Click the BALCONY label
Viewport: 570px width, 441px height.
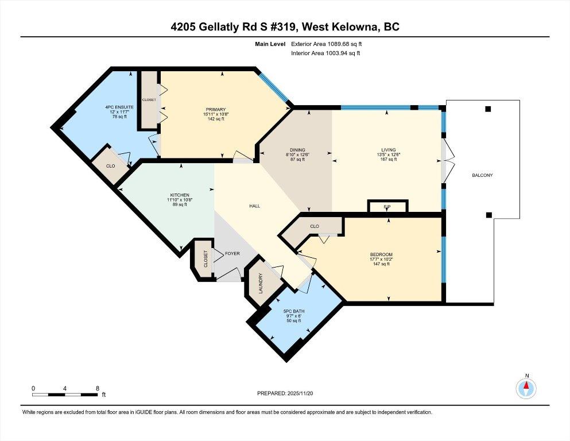point(482,175)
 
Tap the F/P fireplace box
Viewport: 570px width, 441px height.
point(387,206)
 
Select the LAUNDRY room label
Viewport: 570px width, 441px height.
point(260,284)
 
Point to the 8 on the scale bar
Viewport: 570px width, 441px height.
point(98,388)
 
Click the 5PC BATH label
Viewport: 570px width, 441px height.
point(294,311)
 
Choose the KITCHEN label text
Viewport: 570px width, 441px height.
point(180,195)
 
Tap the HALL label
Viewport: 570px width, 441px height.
point(254,206)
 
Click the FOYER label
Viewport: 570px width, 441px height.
point(232,253)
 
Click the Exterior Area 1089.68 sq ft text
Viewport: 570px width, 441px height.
point(327,44)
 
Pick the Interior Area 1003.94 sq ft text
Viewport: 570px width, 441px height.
point(325,53)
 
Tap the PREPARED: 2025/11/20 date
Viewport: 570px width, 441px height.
point(285,393)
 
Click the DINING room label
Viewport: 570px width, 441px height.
point(297,150)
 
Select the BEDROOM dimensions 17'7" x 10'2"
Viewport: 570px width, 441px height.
point(381,259)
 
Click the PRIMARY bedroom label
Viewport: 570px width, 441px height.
point(216,110)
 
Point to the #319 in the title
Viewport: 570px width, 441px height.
point(284,27)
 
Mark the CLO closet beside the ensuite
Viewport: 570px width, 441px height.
point(111,166)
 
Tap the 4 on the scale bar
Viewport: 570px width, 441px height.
point(65,388)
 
